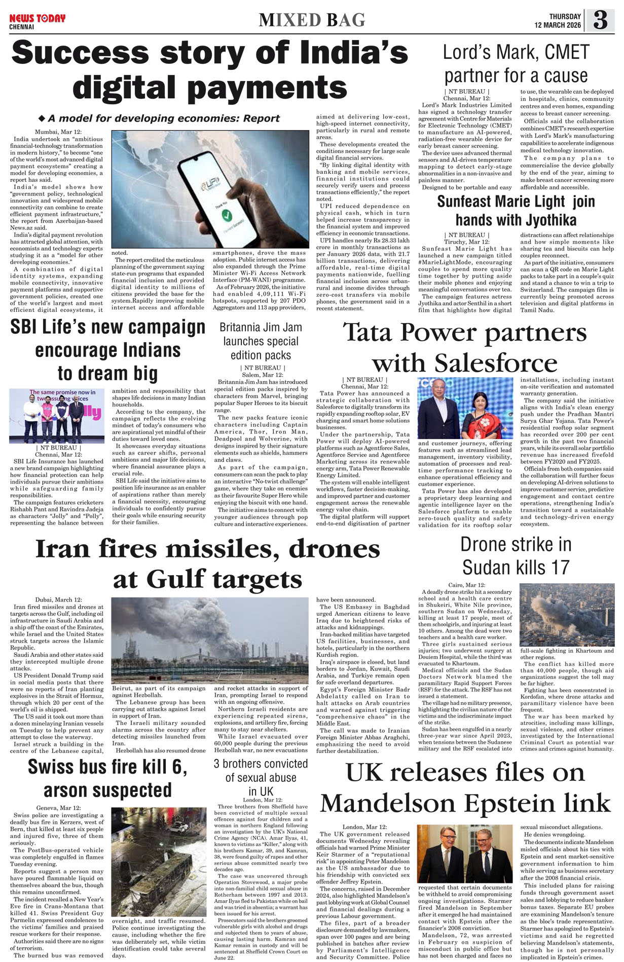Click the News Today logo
(37, 19)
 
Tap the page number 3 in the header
(600, 20)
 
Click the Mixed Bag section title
(312, 20)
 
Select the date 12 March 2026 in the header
(558, 25)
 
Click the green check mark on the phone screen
(222, 216)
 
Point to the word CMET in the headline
(566, 52)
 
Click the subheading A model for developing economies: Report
(163, 118)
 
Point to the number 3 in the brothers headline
(216, 764)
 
